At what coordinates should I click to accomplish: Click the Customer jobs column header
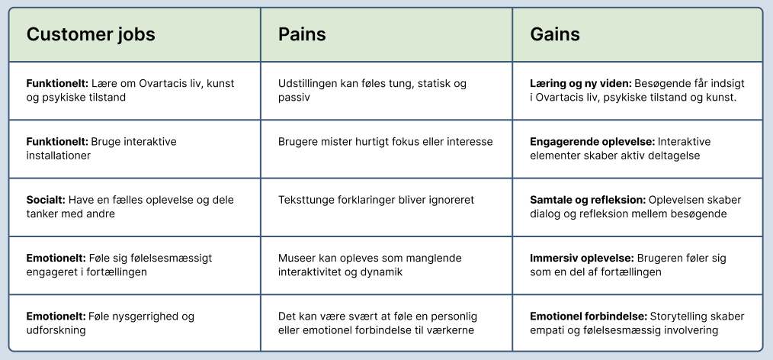[x=91, y=34]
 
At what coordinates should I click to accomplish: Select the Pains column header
[x=302, y=34]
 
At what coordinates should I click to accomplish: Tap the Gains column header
[x=555, y=34]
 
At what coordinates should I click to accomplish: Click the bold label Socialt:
[x=46, y=200]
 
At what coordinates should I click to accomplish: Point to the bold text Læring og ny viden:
[x=581, y=84]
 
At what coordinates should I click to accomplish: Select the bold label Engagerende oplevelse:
[x=592, y=142]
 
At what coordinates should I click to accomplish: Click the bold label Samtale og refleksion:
[x=588, y=201]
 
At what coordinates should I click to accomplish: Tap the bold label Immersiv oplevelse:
[x=582, y=258]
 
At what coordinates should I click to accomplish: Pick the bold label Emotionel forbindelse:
[x=589, y=316]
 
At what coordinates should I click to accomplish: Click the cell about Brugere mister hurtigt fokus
[x=386, y=149]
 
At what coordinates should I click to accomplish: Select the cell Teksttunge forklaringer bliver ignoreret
[x=386, y=207]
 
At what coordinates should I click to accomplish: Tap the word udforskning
[x=56, y=330]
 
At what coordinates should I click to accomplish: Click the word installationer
[x=58, y=156]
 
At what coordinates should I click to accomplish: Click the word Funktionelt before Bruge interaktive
[x=57, y=142]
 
